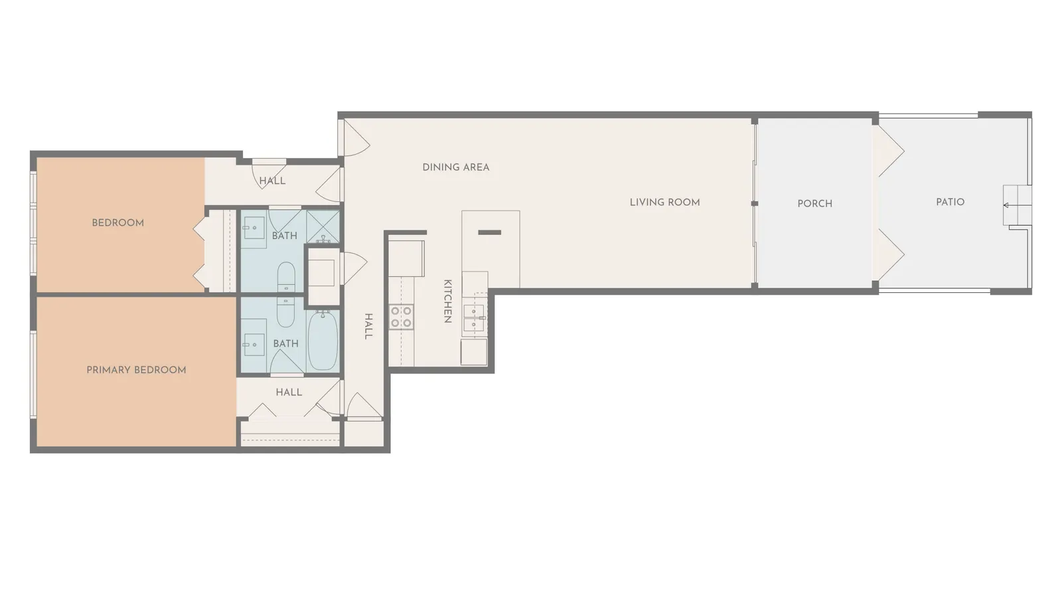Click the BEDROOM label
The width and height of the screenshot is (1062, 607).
[117, 223]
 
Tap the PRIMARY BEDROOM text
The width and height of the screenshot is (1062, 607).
[136, 370]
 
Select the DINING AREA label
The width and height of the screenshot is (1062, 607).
[455, 167]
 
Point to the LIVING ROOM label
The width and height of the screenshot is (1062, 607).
[664, 203]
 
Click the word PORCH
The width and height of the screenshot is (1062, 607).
[814, 204]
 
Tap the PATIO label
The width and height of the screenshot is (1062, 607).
[950, 202]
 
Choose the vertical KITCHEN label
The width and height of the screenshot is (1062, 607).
[447, 301]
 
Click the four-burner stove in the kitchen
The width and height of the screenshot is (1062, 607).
[401, 317]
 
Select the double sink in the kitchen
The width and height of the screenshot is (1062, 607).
[474, 317]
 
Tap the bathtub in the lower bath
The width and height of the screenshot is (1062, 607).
[323, 340]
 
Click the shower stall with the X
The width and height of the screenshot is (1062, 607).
[323, 226]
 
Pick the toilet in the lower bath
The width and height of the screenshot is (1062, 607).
[286, 311]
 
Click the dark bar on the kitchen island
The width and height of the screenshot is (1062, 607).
[489, 232]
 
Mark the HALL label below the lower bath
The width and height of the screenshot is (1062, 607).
[289, 392]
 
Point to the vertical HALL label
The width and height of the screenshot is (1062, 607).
[368, 326]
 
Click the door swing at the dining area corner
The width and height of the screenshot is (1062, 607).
[356, 139]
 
